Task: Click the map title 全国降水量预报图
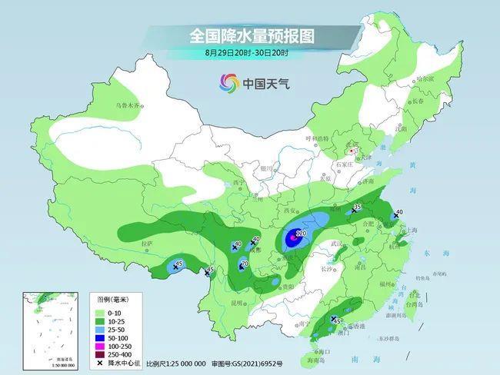(252, 35)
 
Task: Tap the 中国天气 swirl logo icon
(229, 82)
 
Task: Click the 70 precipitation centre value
(245, 264)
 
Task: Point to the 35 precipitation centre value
(357, 207)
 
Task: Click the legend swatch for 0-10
(100, 314)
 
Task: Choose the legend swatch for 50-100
(100, 337)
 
